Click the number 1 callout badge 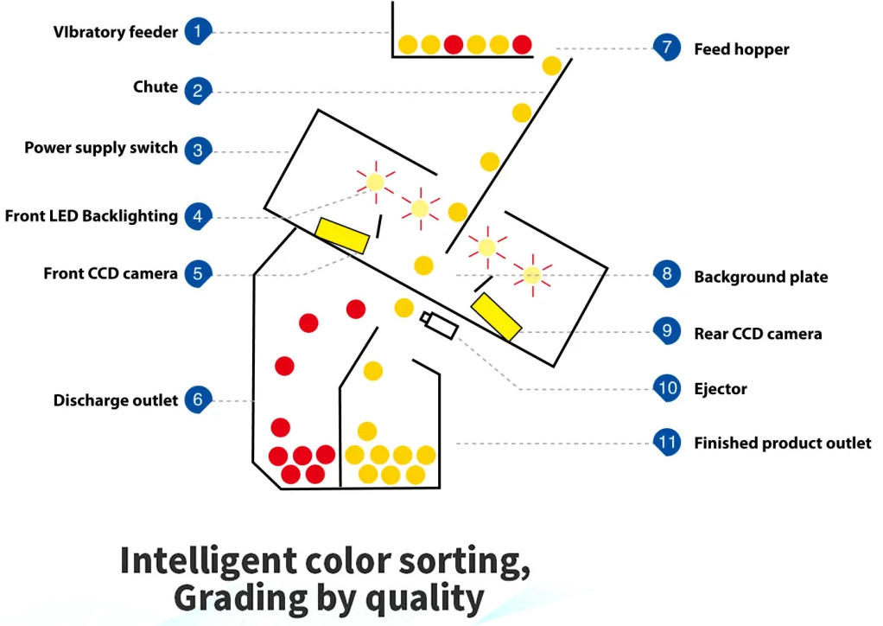tap(198, 33)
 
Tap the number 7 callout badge tap(666, 48)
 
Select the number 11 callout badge tap(666, 444)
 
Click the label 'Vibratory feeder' tap(116, 33)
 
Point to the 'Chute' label tap(156, 87)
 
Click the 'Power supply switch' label tap(101, 148)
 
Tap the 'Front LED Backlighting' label tap(92, 216)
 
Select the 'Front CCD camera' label tap(111, 274)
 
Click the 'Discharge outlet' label tap(116, 400)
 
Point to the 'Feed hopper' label tap(741, 49)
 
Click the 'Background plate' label tap(760, 278)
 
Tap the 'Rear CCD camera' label tap(758, 334)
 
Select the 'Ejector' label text tap(721, 389)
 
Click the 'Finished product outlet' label tap(783, 444)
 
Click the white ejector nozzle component tap(439, 325)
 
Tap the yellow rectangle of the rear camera tap(496, 317)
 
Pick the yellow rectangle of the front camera tap(342, 235)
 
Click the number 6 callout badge tap(198, 400)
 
